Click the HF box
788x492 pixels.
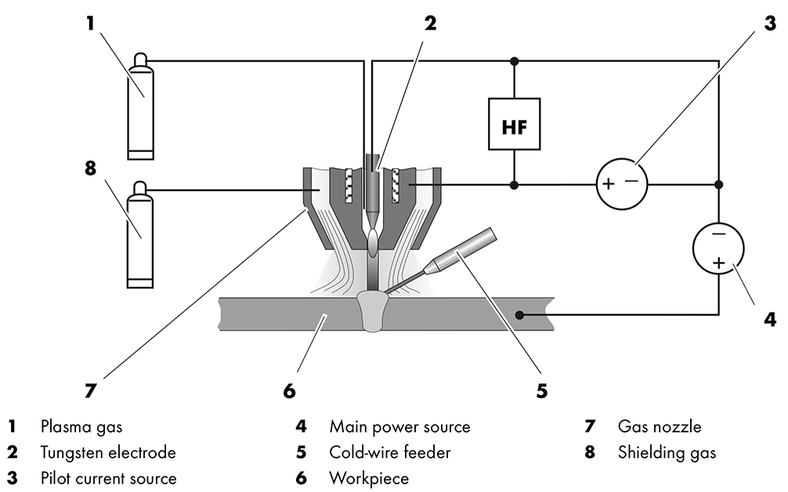[x=514, y=124]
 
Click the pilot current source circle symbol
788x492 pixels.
[x=624, y=185]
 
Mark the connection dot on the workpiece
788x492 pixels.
[x=519, y=315]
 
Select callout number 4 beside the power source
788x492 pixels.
[x=770, y=320]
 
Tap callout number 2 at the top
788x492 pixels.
[x=429, y=23]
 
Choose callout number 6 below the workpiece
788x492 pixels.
[x=290, y=389]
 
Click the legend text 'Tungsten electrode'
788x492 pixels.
[x=108, y=453]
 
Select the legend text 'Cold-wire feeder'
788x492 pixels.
[x=389, y=453]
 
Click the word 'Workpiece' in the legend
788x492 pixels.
[x=369, y=478]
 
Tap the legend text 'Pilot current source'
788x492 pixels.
[x=108, y=478]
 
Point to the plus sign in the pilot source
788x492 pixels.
[x=608, y=185]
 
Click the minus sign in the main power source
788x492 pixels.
[x=718, y=233]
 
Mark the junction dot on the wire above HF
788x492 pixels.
[x=514, y=60]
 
